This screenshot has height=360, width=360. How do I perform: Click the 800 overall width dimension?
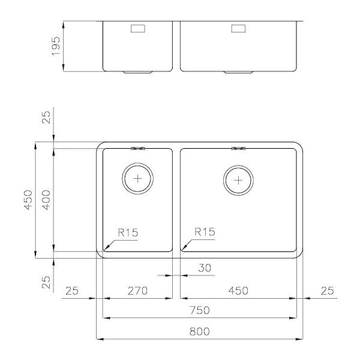pos(200,331)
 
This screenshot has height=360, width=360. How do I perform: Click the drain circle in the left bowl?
pos(138,178)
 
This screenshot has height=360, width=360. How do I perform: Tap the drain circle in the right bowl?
pos(239,179)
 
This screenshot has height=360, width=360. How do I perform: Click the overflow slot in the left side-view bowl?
pos(137,28)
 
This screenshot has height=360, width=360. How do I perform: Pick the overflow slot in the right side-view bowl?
pos(238,28)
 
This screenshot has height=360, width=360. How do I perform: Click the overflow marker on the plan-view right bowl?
pos(238,148)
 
